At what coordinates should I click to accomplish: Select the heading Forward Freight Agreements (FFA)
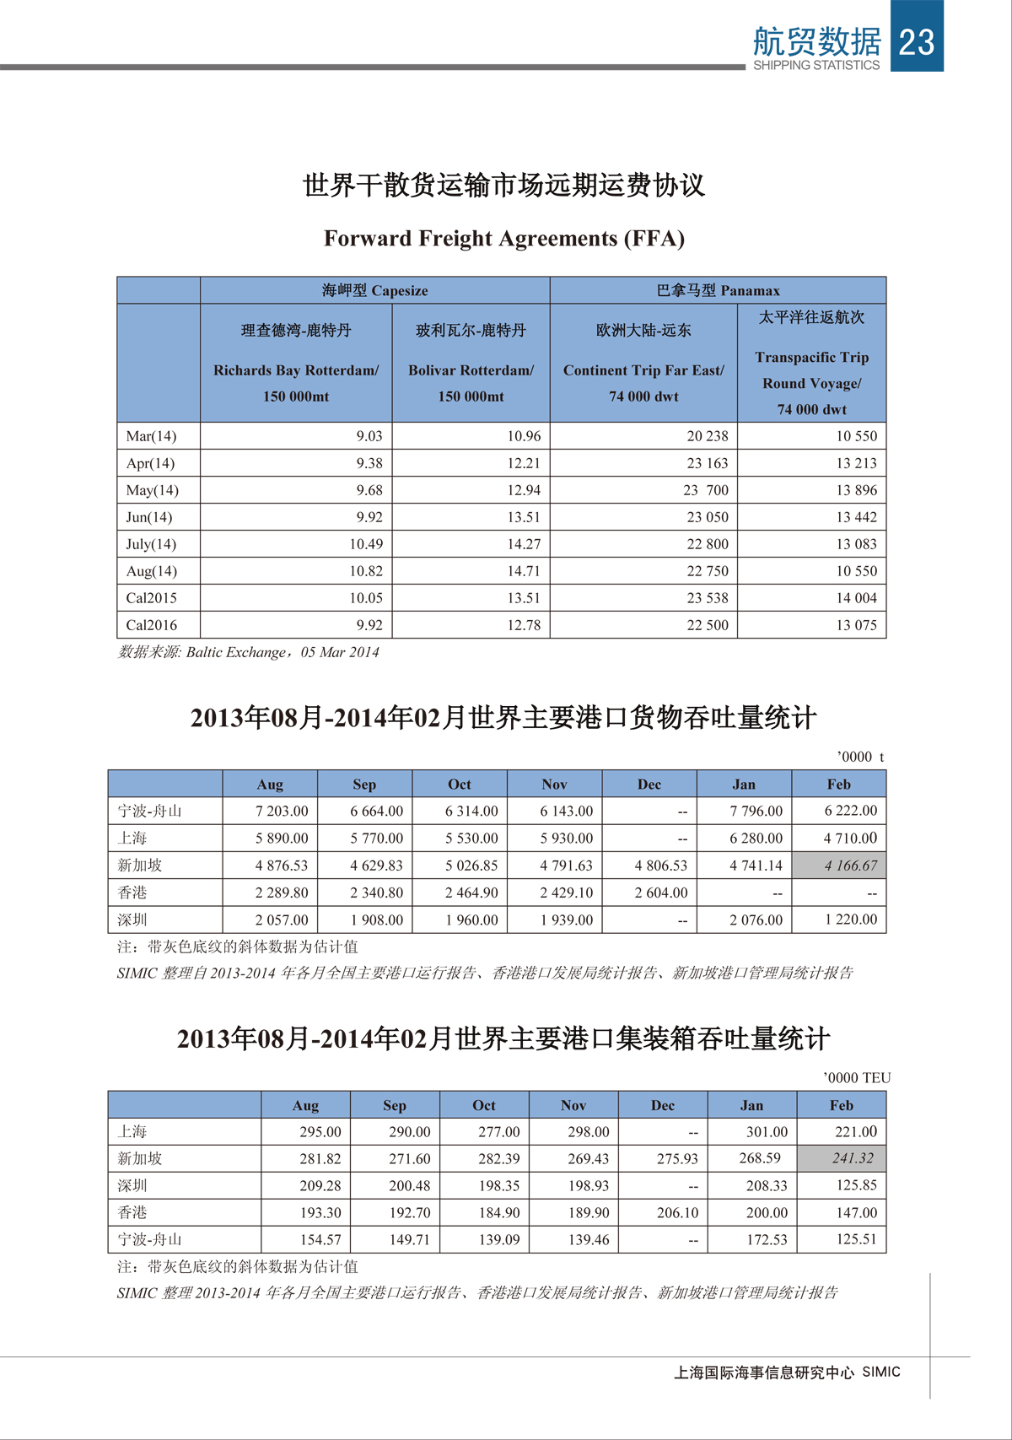[x=504, y=239]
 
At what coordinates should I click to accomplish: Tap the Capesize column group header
[x=374, y=290]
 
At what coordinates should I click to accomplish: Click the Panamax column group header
[x=718, y=290]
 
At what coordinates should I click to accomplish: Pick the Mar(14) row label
[x=152, y=436]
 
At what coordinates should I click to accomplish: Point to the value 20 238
[x=708, y=436]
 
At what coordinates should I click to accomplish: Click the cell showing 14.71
[x=524, y=571]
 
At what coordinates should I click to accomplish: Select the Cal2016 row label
[x=152, y=625]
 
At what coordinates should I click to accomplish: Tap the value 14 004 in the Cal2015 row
[x=856, y=598]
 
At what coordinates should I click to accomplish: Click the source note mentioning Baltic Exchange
[x=249, y=652]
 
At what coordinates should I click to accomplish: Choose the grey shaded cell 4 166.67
[x=851, y=866]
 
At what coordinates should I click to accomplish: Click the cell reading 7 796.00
[x=756, y=812]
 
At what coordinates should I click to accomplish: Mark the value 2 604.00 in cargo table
[x=661, y=893]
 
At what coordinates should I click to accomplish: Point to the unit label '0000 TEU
[x=857, y=1078]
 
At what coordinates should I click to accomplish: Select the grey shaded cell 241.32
[x=853, y=1158]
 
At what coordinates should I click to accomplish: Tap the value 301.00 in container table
[x=767, y=1132]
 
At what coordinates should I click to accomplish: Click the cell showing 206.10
[x=677, y=1212]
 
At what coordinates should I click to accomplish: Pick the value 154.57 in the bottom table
[x=320, y=1239]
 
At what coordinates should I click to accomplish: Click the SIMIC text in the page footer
[x=881, y=1373]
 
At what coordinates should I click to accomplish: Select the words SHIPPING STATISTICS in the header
[x=816, y=65]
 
